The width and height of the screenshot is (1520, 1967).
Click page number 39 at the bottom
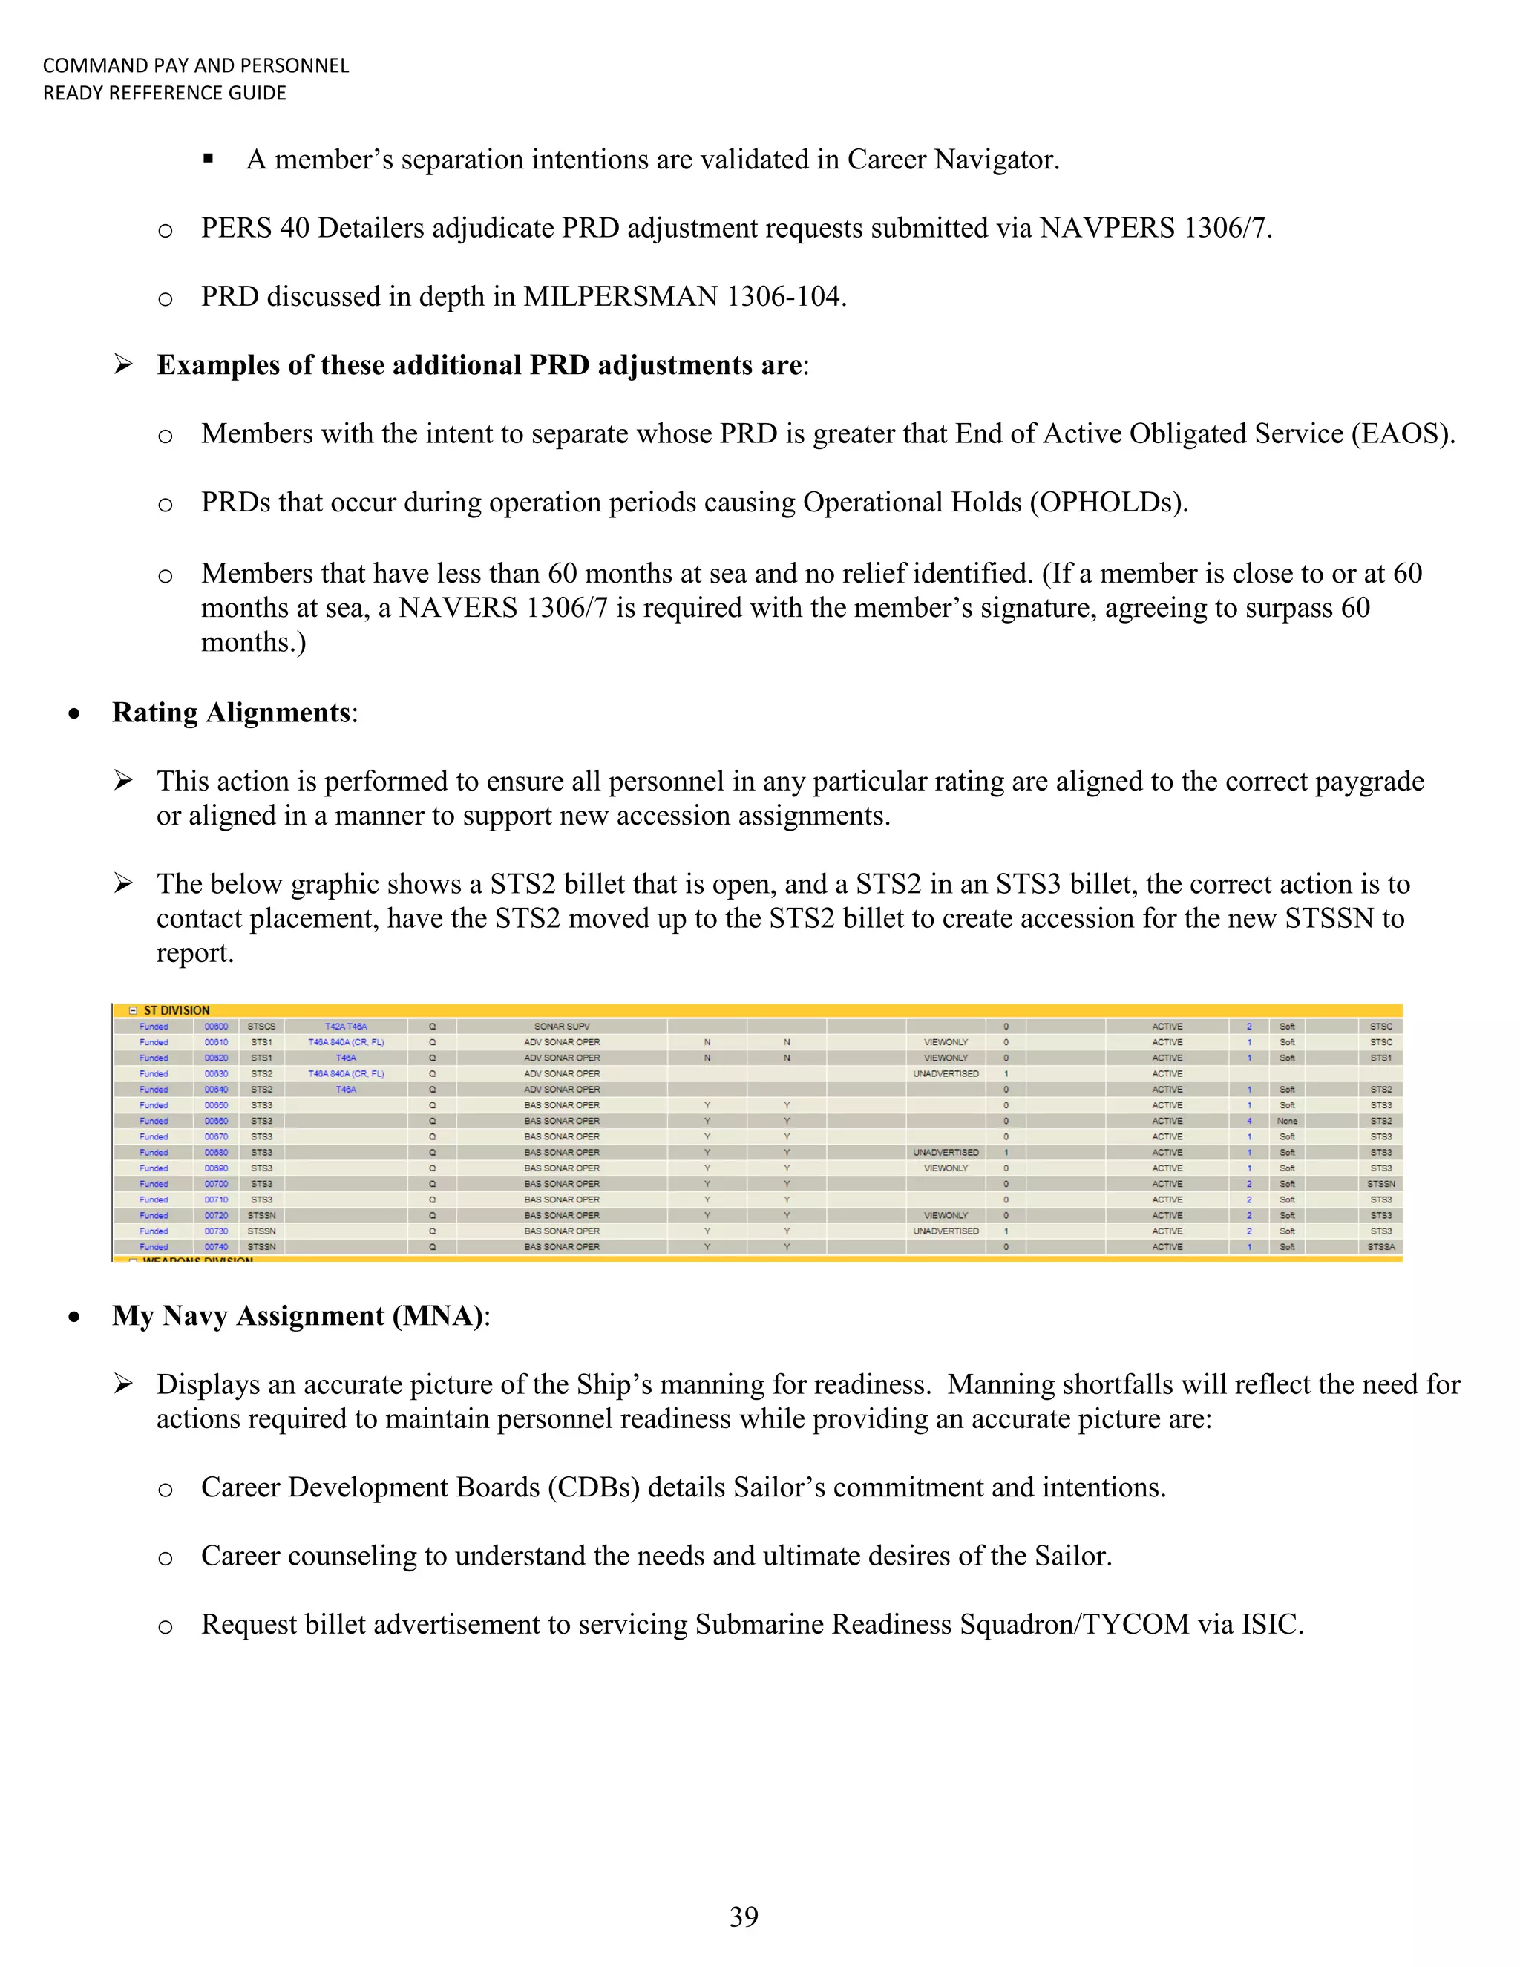[x=744, y=1916]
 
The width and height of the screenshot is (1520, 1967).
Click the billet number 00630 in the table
[x=216, y=1073]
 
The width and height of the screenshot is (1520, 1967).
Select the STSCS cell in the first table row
[x=261, y=1026]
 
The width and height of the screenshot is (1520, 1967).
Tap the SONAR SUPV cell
[x=562, y=1026]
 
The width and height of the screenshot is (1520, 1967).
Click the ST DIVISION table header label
[x=177, y=1010]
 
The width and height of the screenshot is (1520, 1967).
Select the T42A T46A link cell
[x=346, y=1026]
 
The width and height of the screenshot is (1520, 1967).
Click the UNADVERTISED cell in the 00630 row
[x=946, y=1073]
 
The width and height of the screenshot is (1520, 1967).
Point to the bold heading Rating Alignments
[x=231, y=713]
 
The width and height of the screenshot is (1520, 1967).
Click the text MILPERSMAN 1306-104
[x=684, y=296]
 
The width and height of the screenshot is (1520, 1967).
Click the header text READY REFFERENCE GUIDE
[x=165, y=93]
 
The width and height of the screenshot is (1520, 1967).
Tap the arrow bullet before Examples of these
[x=123, y=364]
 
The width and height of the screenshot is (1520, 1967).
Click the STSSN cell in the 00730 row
[x=261, y=1231]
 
